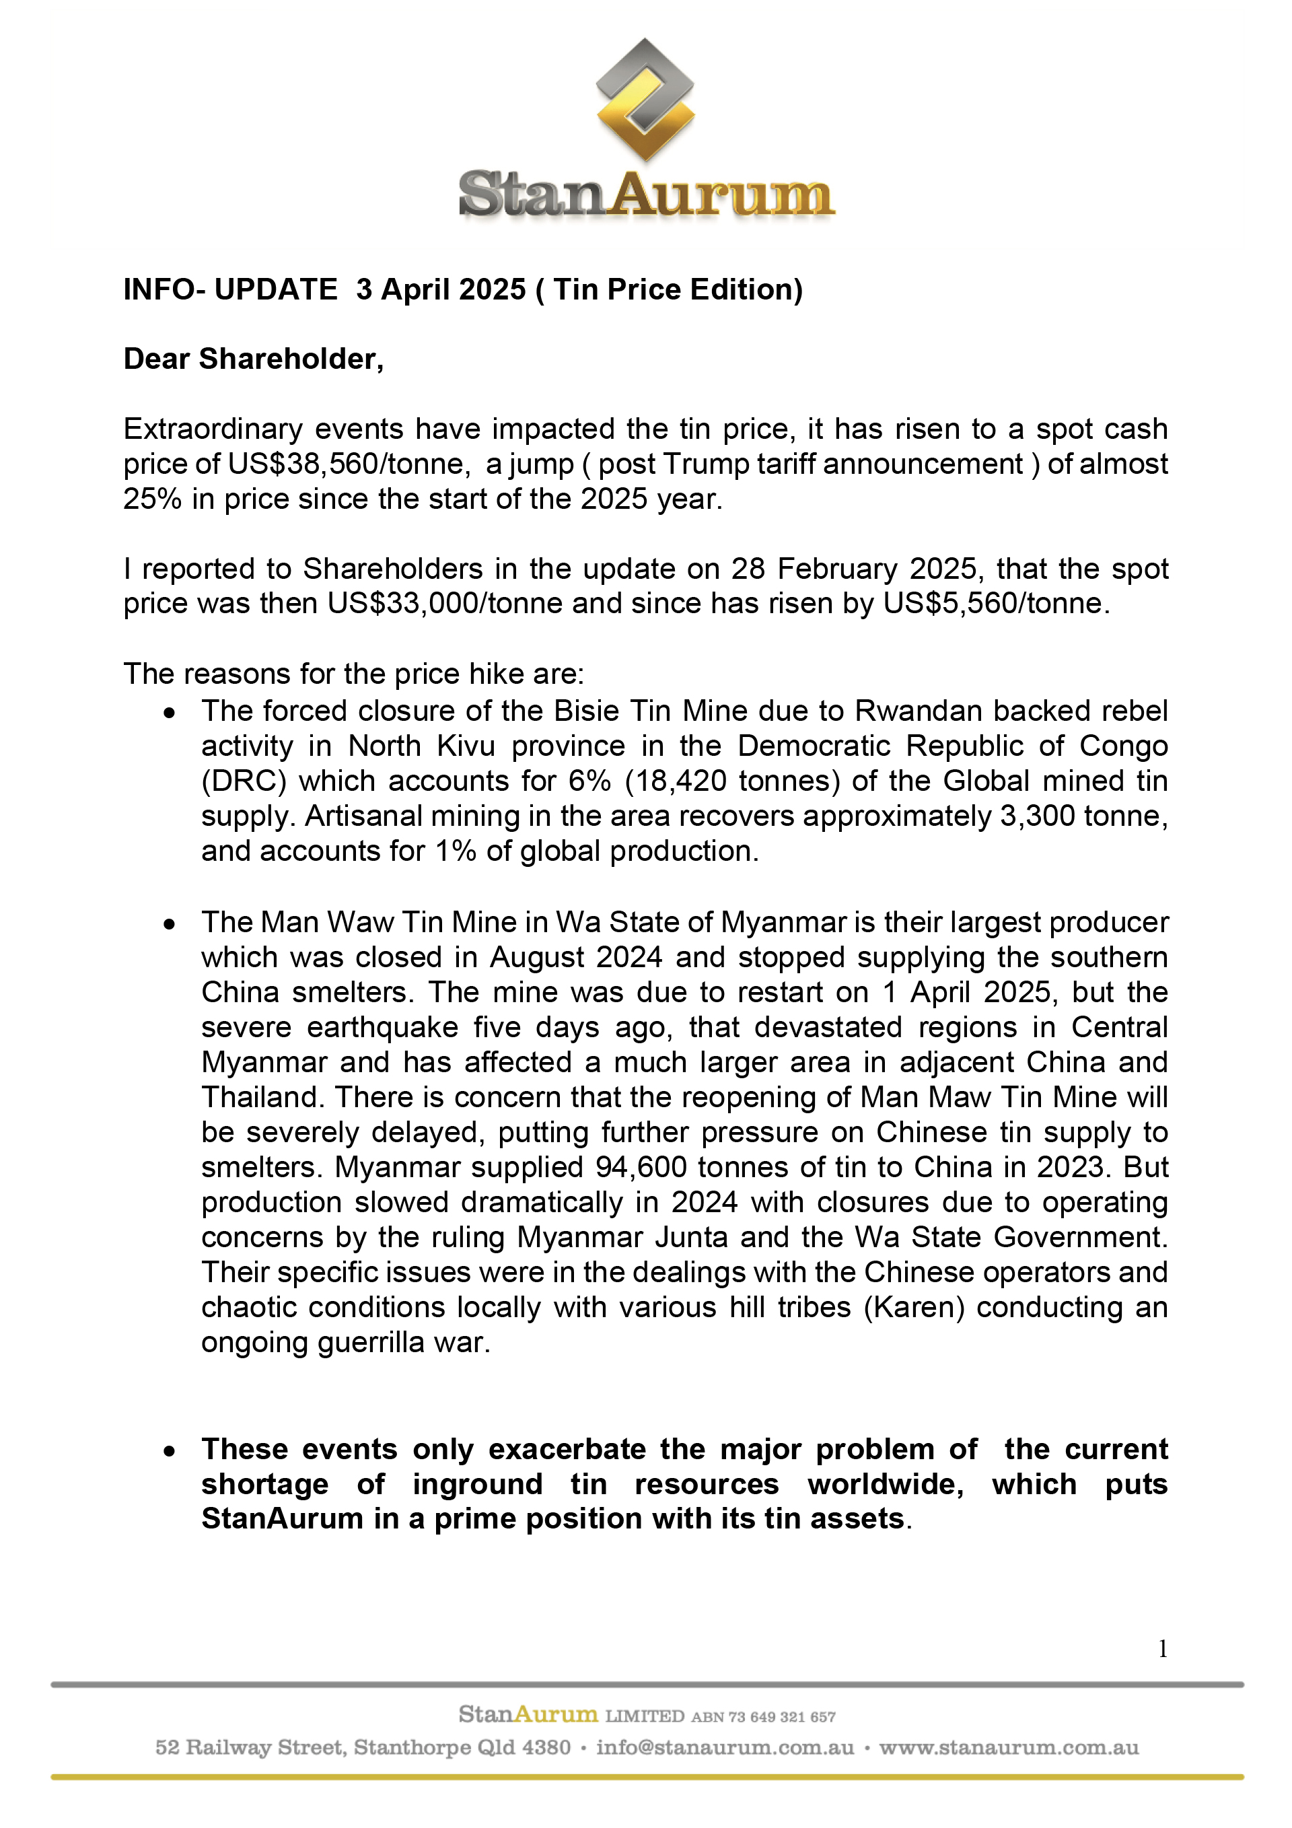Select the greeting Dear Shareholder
tap(253, 359)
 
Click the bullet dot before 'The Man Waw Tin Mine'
tap(170, 924)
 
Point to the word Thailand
tap(262, 1097)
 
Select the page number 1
tap(1163, 1648)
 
